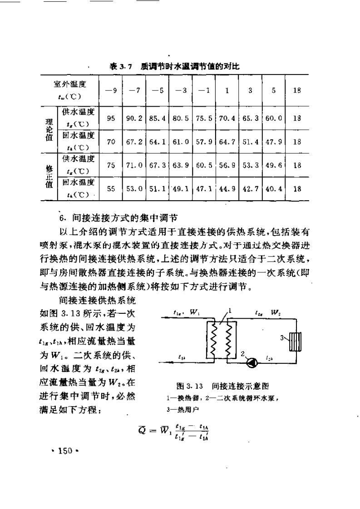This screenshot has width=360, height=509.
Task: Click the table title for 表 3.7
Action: pyautogui.click(x=174, y=67)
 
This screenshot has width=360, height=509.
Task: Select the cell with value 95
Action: pyautogui.click(x=111, y=118)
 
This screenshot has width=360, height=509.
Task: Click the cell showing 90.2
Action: pyautogui.click(x=134, y=118)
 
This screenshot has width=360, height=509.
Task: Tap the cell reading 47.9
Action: pyautogui.click(x=274, y=142)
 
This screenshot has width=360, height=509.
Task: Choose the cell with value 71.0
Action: pyautogui.click(x=134, y=165)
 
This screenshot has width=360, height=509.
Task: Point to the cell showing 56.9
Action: pyautogui.click(x=227, y=165)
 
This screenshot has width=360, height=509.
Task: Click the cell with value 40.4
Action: pyautogui.click(x=274, y=188)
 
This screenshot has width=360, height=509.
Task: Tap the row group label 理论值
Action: pyautogui.click(x=49, y=130)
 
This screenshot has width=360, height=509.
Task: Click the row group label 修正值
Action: pyautogui.click(x=49, y=177)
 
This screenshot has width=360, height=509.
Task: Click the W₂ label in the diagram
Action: pyautogui.click(x=275, y=312)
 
